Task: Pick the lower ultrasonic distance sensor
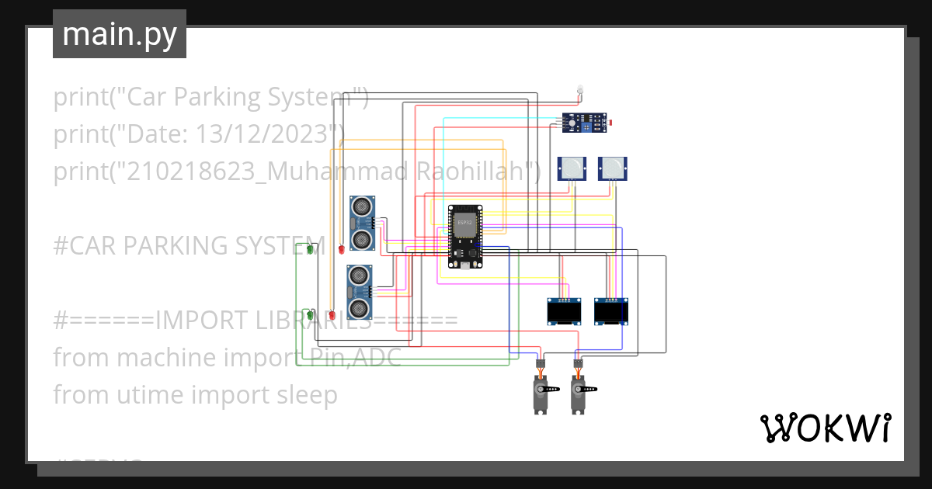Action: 359,292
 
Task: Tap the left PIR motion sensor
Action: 572,168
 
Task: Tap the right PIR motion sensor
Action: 612,168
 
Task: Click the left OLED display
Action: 564,312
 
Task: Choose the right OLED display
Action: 610,312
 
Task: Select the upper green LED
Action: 310,249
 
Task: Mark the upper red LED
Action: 341,249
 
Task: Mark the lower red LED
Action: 332,315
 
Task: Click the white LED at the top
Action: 579,89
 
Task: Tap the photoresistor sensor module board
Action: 584,122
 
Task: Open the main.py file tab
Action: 119,34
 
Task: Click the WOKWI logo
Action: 825,428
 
